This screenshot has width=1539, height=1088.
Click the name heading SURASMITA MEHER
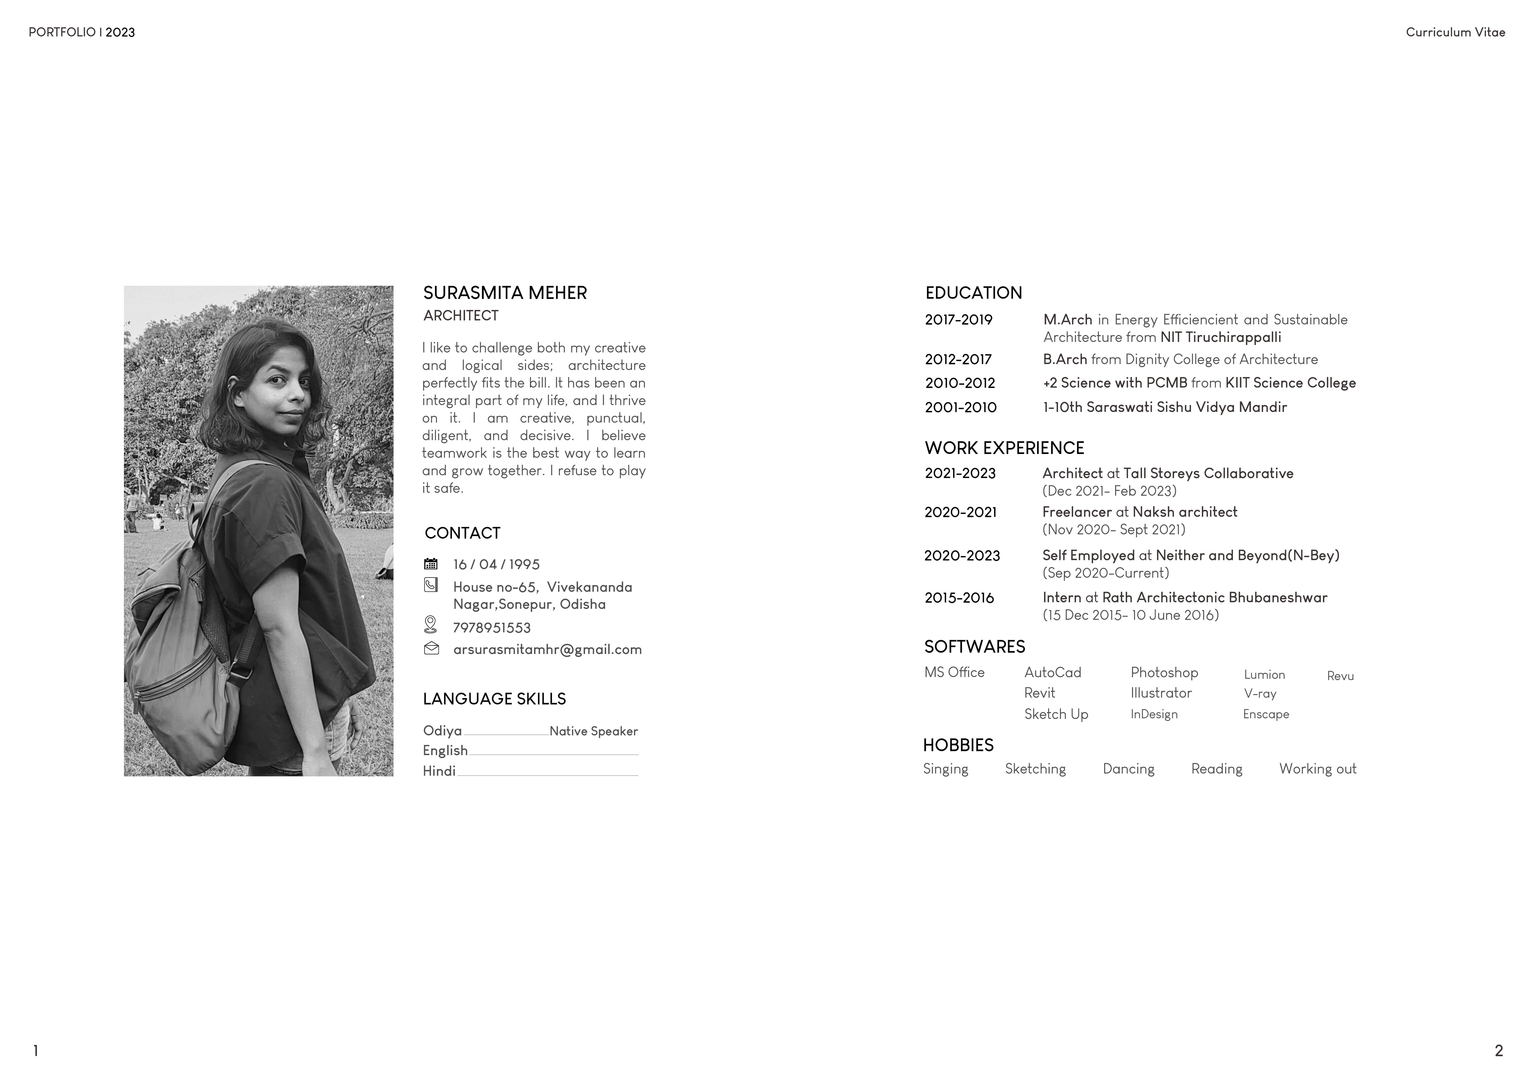pyautogui.click(x=505, y=293)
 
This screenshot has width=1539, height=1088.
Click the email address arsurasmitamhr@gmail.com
pyautogui.click(x=547, y=650)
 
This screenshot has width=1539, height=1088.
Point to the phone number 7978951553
pyautogui.click(x=491, y=628)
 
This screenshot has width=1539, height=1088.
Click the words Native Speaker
pyautogui.click(x=593, y=731)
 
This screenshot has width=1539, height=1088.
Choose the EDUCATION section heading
pyautogui.click(x=973, y=293)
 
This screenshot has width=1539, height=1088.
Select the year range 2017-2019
pyautogui.click(x=959, y=320)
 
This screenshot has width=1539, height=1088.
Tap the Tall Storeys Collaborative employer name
pyautogui.click(x=1208, y=473)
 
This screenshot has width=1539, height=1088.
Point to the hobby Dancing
pyautogui.click(x=1128, y=769)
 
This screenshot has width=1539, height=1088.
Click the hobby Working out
pyautogui.click(x=1317, y=769)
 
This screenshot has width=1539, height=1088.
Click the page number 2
pyautogui.click(x=1499, y=1051)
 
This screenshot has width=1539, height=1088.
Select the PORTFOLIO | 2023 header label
pyautogui.click(x=82, y=32)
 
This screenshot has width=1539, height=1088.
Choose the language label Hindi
pyautogui.click(x=439, y=772)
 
